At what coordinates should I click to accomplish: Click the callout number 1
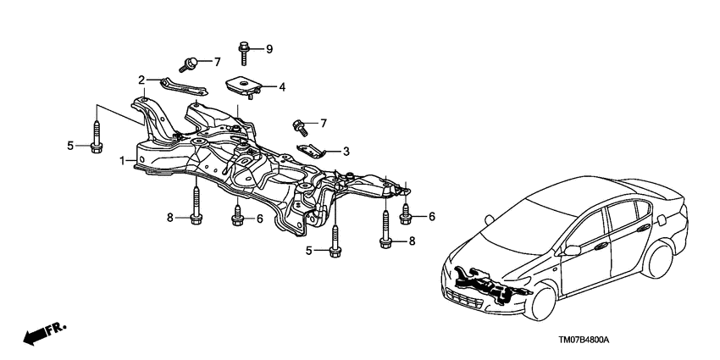122,160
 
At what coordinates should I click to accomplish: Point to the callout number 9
269,48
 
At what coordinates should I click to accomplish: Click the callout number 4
282,86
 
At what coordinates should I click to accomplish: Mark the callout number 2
141,80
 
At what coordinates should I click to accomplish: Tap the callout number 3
346,152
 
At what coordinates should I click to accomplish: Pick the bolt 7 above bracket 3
297,126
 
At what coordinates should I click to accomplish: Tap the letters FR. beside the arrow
58,327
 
